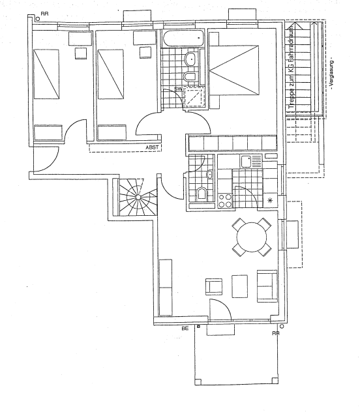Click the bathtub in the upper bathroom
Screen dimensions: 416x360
click(x=185, y=38)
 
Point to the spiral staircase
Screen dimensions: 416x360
click(x=137, y=196)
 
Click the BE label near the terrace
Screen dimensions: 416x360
click(x=185, y=329)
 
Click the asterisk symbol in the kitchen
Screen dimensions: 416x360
click(x=270, y=200)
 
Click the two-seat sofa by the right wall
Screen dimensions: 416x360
click(x=266, y=286)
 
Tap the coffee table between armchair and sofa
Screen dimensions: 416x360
click(x=240, y=286)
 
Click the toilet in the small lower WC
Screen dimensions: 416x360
click(x=201, y=193)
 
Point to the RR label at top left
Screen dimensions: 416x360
click(x=44, y=13)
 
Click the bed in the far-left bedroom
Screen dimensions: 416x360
click(x=47, y=73)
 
